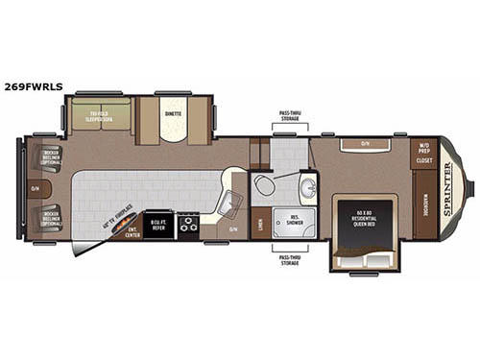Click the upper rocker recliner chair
[x=49, y=157]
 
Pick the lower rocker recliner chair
[x=49, y=220]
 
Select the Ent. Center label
[x=132, y=230]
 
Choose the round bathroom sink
[x=306, y=187]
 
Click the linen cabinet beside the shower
[x=259, y=223]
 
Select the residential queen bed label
[x=368, y=215]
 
